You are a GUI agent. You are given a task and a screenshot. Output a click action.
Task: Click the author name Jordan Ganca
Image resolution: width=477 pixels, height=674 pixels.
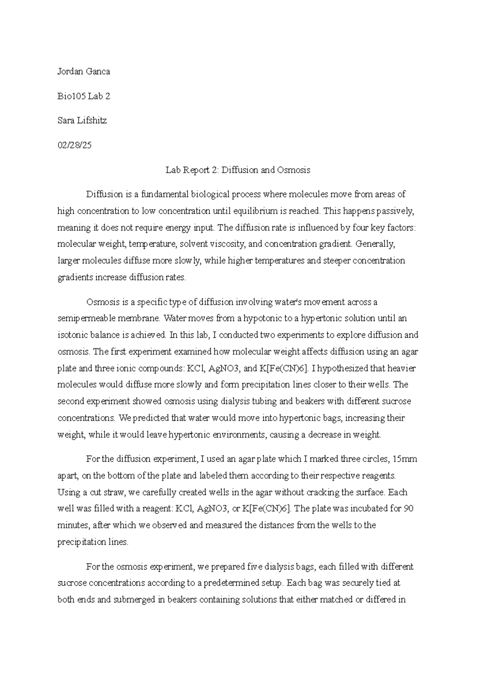[83, 72]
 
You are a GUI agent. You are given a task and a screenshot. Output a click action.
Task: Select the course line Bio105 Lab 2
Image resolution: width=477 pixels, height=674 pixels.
[83, 96]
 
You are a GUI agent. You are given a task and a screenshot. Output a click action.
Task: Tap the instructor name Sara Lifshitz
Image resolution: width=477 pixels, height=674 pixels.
[82, 121]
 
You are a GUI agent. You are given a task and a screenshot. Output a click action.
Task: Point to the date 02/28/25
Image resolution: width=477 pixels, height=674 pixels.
[74, 145]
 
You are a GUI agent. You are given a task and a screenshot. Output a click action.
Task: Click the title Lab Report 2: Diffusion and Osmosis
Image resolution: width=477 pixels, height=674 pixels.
[238, 170]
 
